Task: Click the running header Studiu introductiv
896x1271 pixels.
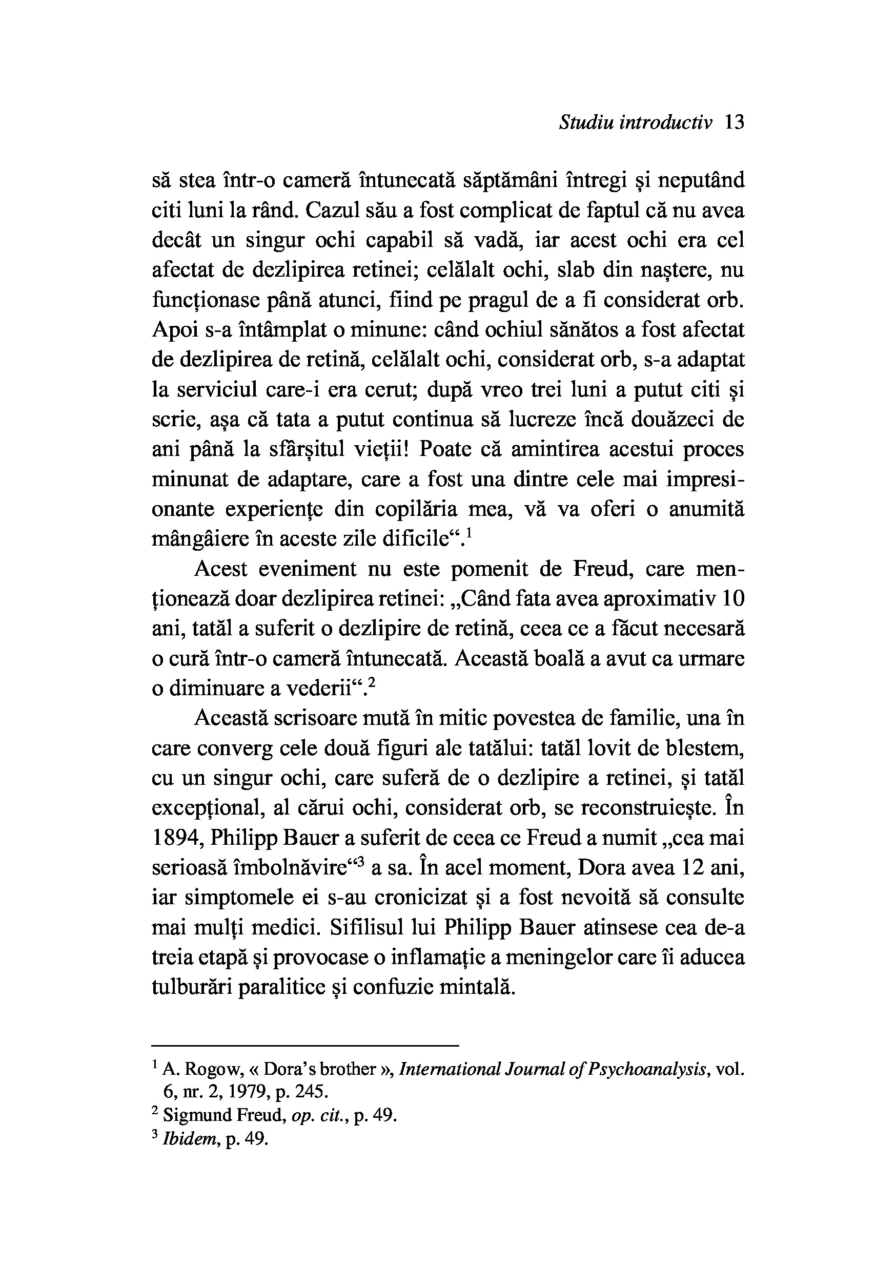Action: click(x=635, y=122)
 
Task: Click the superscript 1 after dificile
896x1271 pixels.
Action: click(x=469, y=533)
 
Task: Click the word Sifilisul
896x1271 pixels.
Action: click(x=365, y=928)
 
